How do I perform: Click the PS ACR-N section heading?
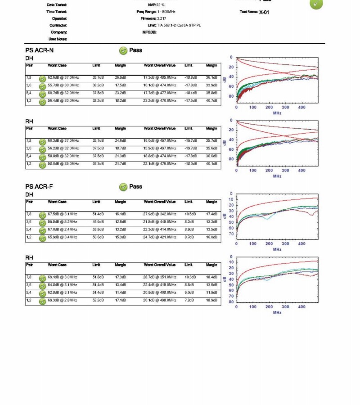[x=39, y=50]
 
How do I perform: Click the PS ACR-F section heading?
[x=39, y=186]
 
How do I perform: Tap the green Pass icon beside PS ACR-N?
[x=123, y=51]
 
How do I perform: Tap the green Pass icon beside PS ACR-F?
[x=123, y=187]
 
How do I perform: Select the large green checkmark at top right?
[x=316, y=3]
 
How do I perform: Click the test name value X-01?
[x=264, y=12]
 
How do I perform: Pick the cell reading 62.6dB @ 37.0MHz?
[x=63, y=77]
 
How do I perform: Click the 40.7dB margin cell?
[x=211, y=100]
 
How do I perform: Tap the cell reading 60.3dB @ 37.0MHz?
[x=63, y=140]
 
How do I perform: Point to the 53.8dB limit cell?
[x=98, y=229]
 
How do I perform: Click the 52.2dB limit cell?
[x=98, y=300]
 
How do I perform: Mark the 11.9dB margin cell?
[x=211, y=292]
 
